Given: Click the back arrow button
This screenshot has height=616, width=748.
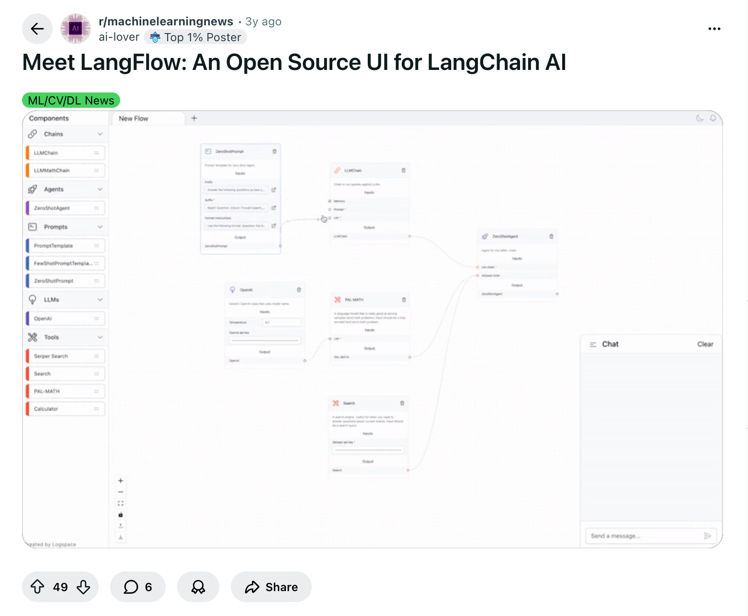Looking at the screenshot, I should (x=37, y=29).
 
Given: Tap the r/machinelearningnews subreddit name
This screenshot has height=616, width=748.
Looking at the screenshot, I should (x=166, y=22).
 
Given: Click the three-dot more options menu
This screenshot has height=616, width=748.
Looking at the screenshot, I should (x=714, y=29).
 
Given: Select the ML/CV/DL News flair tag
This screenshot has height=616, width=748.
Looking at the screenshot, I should (x=71, y=101).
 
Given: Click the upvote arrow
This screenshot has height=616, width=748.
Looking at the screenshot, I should (x=37, y=587).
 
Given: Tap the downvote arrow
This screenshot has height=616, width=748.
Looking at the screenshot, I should (x=83, y=587).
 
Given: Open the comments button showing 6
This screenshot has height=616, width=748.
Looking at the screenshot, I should (x=138, y=587).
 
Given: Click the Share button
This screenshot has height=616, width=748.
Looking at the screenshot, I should (x=271, y=587).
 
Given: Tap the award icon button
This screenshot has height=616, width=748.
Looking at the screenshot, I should (x=198, y=587).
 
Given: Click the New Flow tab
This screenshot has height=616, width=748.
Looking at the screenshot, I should (x=134, y=118).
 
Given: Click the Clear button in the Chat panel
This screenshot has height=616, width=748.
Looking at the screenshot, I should (x=705, y=344).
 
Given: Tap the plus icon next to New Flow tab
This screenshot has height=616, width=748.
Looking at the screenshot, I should (x=194, y=118).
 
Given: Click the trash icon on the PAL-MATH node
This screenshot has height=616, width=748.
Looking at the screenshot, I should (x=404, y=300).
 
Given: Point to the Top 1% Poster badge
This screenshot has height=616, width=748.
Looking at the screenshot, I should (x=195, y=37).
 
